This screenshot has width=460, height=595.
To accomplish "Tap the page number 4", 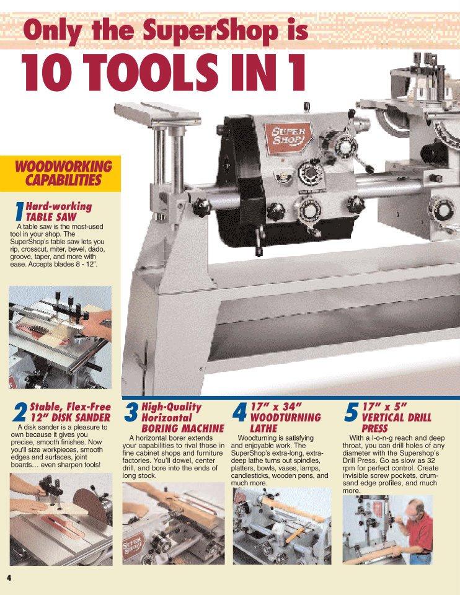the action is [x=9, y=578].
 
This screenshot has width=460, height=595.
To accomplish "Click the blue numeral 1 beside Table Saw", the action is [x=19, y=211].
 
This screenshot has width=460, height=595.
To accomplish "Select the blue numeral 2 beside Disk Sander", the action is [x=20, y=412].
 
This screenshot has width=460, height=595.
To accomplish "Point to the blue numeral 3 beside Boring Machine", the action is [x=131, y=412].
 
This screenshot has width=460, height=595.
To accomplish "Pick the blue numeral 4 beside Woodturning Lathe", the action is [x=239, y=412].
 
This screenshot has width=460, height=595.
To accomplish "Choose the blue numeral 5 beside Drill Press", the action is [x=351, y=412].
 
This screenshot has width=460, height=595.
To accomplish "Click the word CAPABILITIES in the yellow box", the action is [x=63, y=180].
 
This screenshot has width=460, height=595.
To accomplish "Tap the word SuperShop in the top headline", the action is [x=210, y=31].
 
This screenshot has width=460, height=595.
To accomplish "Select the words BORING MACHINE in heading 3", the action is [x=183, y=428].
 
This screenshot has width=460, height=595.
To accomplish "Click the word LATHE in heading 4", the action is [x=263, y=428].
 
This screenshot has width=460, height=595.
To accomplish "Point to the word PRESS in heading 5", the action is [x=374, y=428].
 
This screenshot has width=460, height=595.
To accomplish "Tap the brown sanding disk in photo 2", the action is [x=91, y=505].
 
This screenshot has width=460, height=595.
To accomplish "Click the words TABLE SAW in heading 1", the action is [x=51, y=217].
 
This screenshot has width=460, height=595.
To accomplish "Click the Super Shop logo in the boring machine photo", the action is [x=133, y=545].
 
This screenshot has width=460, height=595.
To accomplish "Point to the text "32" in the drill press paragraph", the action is [x=430, y=461].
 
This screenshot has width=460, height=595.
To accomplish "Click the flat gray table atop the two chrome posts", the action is [x=157, y=114].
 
